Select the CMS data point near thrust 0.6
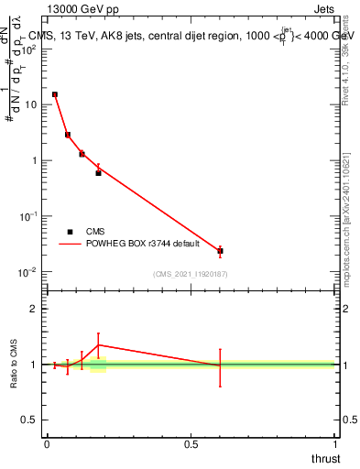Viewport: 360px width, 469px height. coord(220,251)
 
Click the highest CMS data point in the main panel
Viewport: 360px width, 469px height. coord(55,94)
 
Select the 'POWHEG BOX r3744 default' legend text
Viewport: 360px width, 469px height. coord(143,245)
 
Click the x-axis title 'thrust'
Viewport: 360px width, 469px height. coord(326,457)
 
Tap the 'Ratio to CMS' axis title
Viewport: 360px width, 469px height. coord(15,365)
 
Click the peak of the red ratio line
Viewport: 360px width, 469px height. coord(98,345)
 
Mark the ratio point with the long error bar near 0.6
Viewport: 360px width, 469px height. coord(220,365)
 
